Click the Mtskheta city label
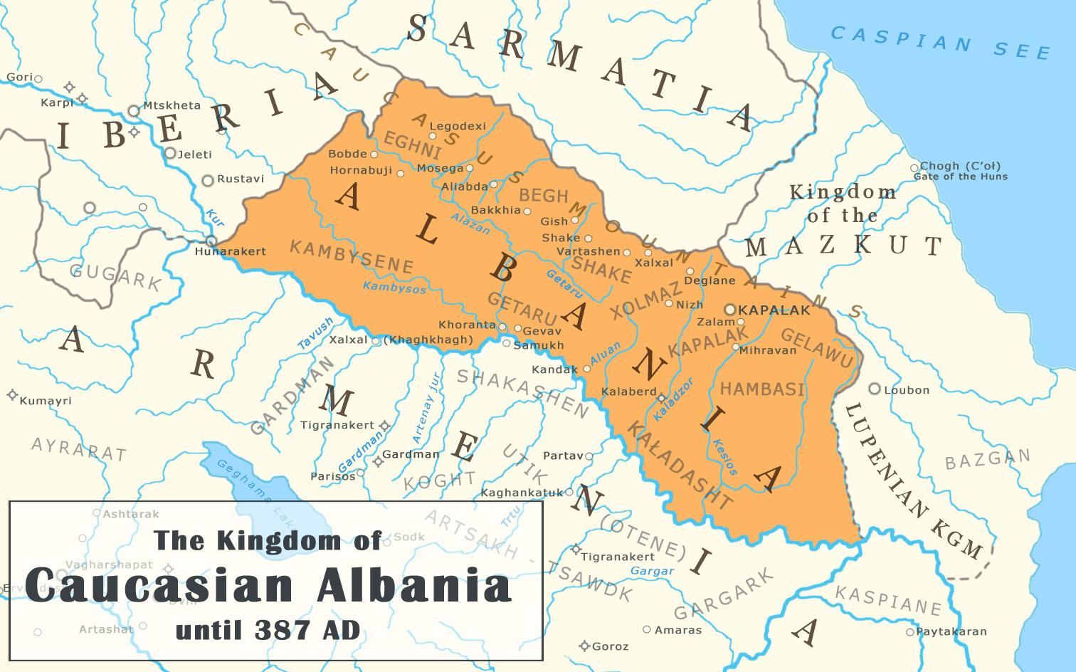point(172,105)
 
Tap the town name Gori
point(19,77)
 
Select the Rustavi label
point(240,179)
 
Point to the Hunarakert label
point(231,251)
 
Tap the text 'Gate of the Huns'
point(960,177)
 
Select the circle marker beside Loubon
point(875,389)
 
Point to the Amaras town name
point(678,630)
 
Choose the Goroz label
point(610,646)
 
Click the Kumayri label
point(46,401)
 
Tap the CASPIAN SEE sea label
point(940,41)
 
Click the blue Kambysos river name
point(394,288)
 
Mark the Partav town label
point(562,456)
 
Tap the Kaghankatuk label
point(522,493)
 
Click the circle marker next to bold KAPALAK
point(730,310)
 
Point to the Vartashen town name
point(588,251)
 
